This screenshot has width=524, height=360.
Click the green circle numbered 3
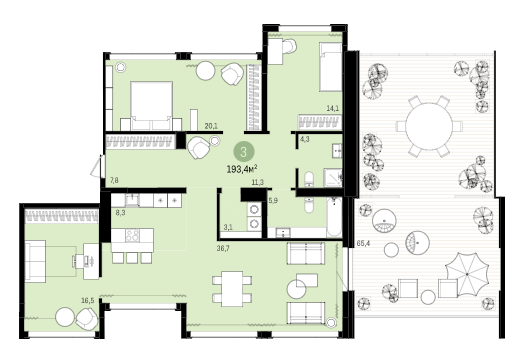244,152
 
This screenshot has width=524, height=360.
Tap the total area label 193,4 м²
242,169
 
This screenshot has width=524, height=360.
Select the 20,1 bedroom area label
211,126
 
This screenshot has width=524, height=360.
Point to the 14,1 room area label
333,108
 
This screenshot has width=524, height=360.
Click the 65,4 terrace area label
363,243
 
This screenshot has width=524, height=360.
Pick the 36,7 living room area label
223,248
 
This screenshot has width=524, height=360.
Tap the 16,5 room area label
88,301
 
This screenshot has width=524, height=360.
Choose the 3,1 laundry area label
228,228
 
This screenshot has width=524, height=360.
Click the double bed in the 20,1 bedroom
151,105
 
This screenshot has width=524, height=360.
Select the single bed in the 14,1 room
330,67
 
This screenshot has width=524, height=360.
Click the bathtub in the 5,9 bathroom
334,217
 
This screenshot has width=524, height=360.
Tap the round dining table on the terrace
429,127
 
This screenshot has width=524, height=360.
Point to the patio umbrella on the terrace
467,274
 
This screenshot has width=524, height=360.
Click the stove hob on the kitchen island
133,235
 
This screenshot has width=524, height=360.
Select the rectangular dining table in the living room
232,289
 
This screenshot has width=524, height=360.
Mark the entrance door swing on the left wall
96,167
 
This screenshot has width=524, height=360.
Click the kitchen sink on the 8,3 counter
132,200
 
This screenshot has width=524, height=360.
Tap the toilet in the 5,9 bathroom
309,205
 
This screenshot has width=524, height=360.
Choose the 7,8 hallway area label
114,181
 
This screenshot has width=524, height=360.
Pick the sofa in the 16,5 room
35,261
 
